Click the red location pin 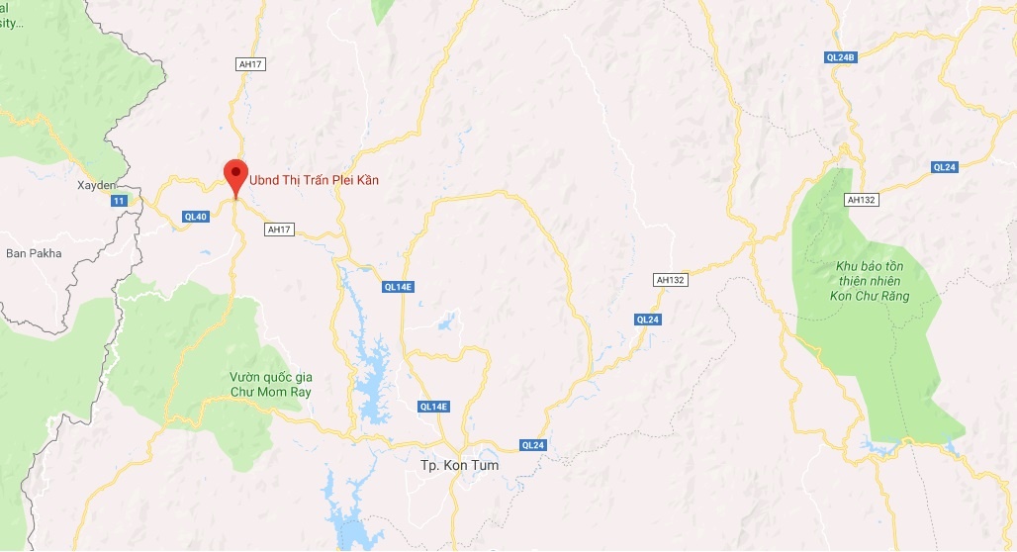tap(234, 176)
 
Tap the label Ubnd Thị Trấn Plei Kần tap(313, 180)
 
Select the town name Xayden tap(97, 185)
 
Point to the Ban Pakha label tap(34, 253)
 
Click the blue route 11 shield tap(119, 201)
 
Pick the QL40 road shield tap(195, 217)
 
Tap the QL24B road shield tap(840, 57)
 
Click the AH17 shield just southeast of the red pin tap(280, 230)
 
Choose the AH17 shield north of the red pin tap(251, 63)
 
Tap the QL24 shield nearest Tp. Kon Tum tap(532, 445)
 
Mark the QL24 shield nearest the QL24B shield tap(945, 167)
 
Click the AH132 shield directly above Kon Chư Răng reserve tap(862, 200)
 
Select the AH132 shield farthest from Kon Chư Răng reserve tap(670, 280)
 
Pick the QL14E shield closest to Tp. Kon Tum tap(433, 407)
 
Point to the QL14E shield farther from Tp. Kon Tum tap(397, 287)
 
